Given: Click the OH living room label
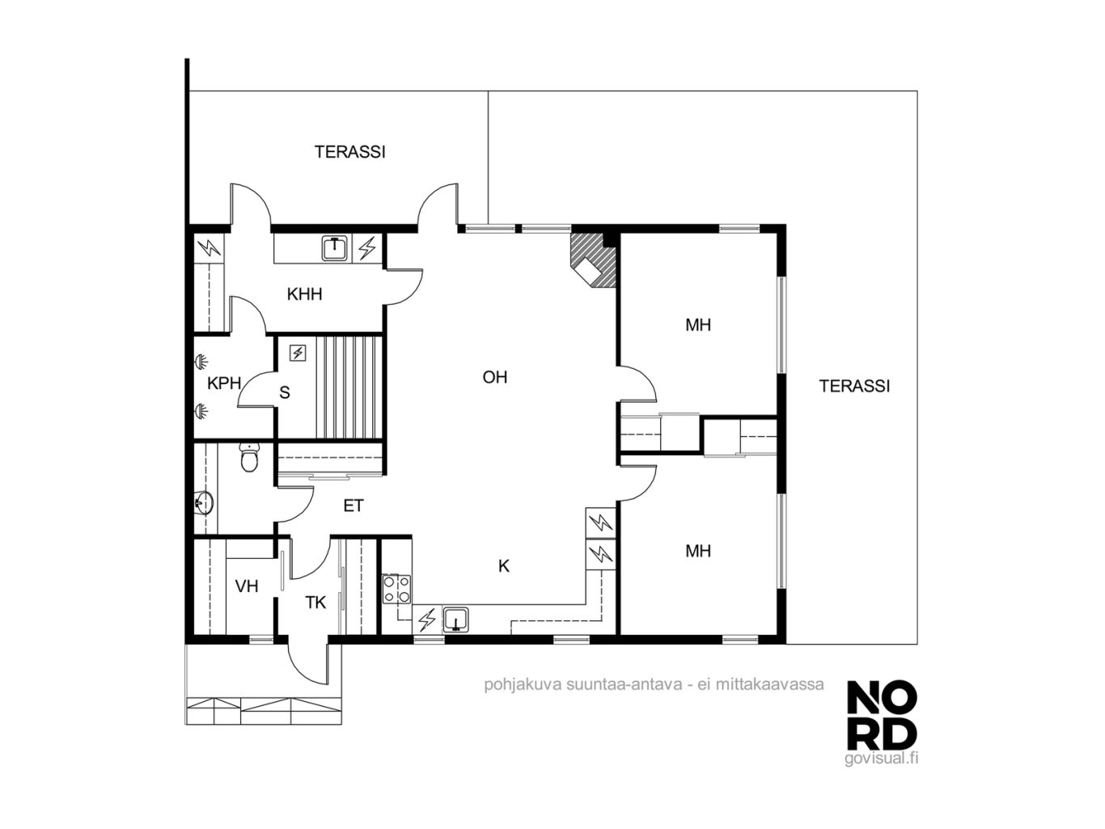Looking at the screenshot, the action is pyautogui.click(x=494, y=377).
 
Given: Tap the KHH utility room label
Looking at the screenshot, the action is pyautogui.click(x=304, y=294).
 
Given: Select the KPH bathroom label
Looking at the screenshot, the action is pyautogui.click(x=224, y=383).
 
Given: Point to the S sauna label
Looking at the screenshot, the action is pyautogui.click(x=285, y=392).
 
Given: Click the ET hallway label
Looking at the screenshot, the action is pyautogui.click(x=353, y=505).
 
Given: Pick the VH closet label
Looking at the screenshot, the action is pyautogui.click(x=247, y=586).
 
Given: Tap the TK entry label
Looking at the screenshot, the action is pyautogui.click(x=315, y=603).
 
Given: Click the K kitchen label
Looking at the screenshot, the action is pyautogui.click(x=504, y=566).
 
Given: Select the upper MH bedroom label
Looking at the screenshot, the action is pyautogui.click(x=698, y=325).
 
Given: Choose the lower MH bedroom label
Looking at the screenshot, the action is pyautogui.click(x=698, y=551).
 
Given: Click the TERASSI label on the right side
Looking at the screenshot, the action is pyautogui.click(x=854, y=386).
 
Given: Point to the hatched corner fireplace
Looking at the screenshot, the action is pyautogui.click(x=593, y=260).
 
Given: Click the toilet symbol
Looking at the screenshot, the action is pyautogui.click(x=249, y=457).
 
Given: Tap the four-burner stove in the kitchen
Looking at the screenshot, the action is pyautogui.click(x=396, y=589).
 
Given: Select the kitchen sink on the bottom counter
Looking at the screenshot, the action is pyautogui.click(x=456, y=620).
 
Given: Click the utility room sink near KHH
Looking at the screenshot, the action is pyautogui.click(x=335, y=248).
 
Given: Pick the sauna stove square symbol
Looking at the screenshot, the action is pyautogui.click(x=298, y=353).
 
